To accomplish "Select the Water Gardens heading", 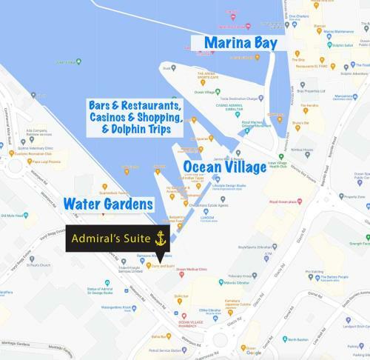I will (108, 202).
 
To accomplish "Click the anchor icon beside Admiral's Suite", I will (159, 239).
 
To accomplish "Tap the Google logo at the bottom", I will (253, 353).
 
